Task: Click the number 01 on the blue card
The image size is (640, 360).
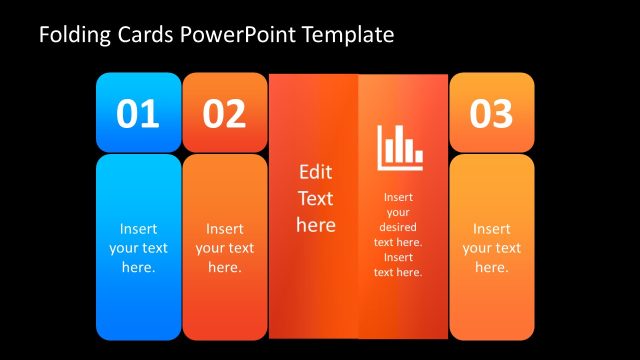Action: [x=138, y=115]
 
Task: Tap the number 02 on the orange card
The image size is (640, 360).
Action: [x=224, y=115]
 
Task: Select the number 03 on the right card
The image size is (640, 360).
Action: [x=491, y=115]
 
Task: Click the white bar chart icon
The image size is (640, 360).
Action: [x=400, y=146]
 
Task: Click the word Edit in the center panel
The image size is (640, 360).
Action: [x=315, y=172]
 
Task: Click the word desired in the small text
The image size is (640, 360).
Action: [x=398, y=227]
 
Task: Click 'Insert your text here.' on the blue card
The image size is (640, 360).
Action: [x=138, y=248]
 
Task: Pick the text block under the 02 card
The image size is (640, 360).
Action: [x=224, y=248]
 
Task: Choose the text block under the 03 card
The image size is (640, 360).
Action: [x=491, y=248]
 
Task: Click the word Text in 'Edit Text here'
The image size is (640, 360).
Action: [x=315, y=198]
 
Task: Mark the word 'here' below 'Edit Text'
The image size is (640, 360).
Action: [x=315, y=225]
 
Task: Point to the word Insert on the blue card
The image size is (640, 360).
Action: [x=138, y=228]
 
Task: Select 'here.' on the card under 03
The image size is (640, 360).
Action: [x=491, y=267]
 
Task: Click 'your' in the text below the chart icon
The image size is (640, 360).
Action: [x=398, y=212]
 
